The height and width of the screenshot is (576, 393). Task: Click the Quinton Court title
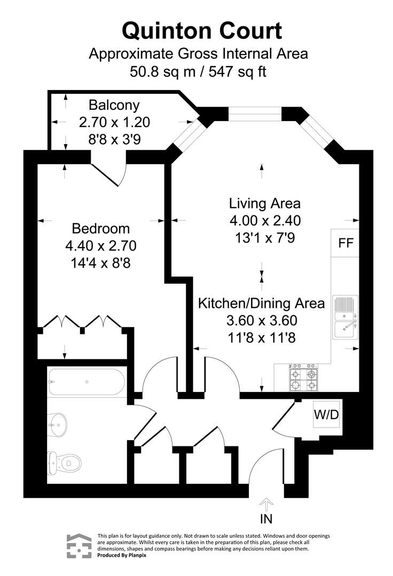pyautogui.click(x=202, y=30)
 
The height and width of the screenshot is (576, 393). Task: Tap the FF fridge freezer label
pyautogui.click(x=346, y=243)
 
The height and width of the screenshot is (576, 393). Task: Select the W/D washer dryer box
pyautogui.click(x=326, y=414)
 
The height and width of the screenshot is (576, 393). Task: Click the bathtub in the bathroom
pyautogui.click(x=86, y=382)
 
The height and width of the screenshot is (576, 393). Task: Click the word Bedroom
pyautogui.click(x=101, y=229)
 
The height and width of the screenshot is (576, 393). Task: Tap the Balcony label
pyautogui.click(x=114, y=105)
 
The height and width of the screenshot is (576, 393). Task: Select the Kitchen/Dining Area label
pyautogui.click(x=262, y=303)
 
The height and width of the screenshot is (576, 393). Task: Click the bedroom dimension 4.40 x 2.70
pyautogui.click(x=101, y=246)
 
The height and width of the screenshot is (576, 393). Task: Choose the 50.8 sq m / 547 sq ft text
pyautogui.click(x=198, y=71)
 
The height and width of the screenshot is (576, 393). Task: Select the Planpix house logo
pyautogui.click(x=78, y=546)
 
